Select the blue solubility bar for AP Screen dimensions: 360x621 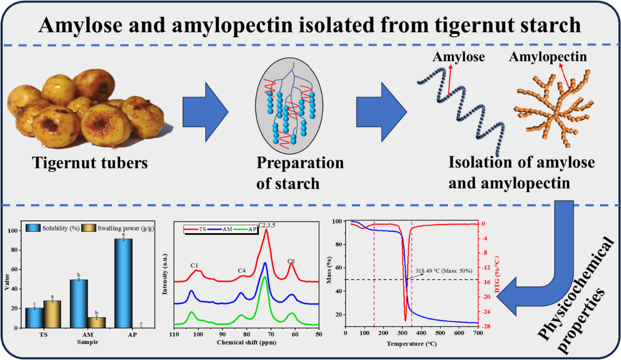pyautogui.click(x=123, y=283)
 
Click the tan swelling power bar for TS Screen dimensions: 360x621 pyautogui.click(x=52, y=314)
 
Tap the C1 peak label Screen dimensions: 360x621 pyautogui.click(x=195, y=265)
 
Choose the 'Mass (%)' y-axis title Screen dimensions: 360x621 pyautogui.click(x=331, y=274)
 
